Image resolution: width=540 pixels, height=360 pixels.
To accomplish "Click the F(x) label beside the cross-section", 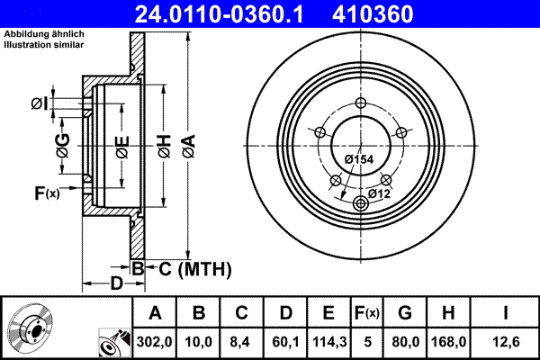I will [x=46, y=193].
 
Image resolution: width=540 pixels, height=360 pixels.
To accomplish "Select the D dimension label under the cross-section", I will [x=116, y=284].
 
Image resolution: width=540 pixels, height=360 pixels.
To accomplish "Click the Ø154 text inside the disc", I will [x=359, y=158].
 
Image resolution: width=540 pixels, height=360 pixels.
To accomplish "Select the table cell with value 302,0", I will [x=155, y=341].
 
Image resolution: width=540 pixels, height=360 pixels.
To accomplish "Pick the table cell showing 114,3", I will [x=328, y=341].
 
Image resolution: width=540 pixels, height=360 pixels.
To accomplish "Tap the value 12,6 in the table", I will [x=507, y=341].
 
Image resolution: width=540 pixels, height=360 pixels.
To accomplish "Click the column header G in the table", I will [x=405, y=313].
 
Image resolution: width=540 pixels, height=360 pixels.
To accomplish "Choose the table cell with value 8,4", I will [x=242, y=341].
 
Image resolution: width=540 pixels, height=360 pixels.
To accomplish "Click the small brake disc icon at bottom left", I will [x=29, y=328].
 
